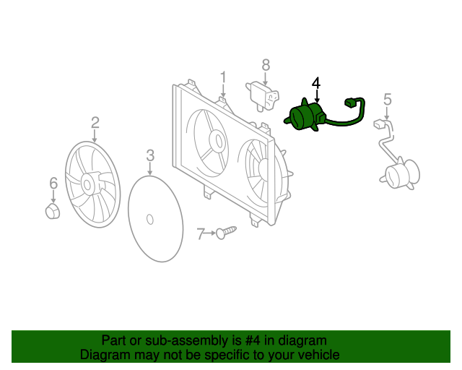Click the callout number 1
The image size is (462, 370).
coord(223,77)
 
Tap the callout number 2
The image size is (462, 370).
coord(95,122)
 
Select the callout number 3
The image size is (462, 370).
coord(150,155)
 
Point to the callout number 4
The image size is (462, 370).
coord(316,84)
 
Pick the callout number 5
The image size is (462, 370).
coord(387,99)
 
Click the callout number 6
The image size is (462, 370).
coord(53,184)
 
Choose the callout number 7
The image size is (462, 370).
coord(201,233)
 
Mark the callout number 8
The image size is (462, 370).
coord(266,65)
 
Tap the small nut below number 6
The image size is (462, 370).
coord(53,212)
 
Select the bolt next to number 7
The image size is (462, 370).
coord(226,232)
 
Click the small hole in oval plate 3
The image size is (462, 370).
coord(149,218)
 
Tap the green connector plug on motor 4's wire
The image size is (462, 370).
coord(354,103)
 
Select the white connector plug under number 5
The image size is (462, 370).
coord(381,125)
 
